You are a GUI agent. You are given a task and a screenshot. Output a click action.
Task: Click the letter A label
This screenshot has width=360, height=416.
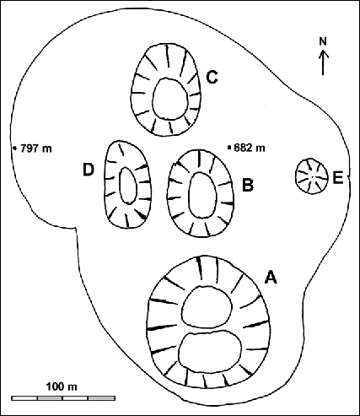pos(271,276)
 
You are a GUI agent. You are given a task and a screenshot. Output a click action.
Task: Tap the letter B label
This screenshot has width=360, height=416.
pos(248,185)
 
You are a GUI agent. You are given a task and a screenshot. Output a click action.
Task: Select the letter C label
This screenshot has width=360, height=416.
pos(212,78)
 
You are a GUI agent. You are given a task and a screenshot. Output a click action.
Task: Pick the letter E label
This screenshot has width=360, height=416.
pos(337,177)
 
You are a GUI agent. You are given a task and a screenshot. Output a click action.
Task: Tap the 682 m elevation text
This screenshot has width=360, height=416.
pos(251,148)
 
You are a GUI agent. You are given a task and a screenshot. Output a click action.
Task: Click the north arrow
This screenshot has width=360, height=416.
pos(324,63)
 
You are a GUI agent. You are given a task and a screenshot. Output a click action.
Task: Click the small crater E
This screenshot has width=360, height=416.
pos(312,176)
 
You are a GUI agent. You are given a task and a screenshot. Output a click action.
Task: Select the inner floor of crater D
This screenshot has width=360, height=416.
pos(128,185)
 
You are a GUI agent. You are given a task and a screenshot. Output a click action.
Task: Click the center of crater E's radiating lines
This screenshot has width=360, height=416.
pos(312,176)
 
